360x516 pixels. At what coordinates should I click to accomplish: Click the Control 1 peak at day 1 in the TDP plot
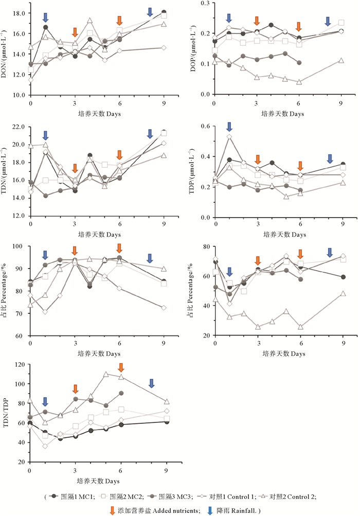tap(229, 137)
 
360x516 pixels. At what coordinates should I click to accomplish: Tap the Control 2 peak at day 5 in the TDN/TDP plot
tap(106, 375)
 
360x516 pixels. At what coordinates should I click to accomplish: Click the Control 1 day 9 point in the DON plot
tap(164, 48)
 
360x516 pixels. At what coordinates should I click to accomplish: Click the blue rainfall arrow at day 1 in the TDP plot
tap(229, 127)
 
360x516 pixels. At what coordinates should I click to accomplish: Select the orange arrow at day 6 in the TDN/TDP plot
tap(121, 367)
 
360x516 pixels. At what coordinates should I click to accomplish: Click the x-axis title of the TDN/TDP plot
tap(99, 481)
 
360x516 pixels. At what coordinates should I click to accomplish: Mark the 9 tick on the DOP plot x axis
tap(341, 103)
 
